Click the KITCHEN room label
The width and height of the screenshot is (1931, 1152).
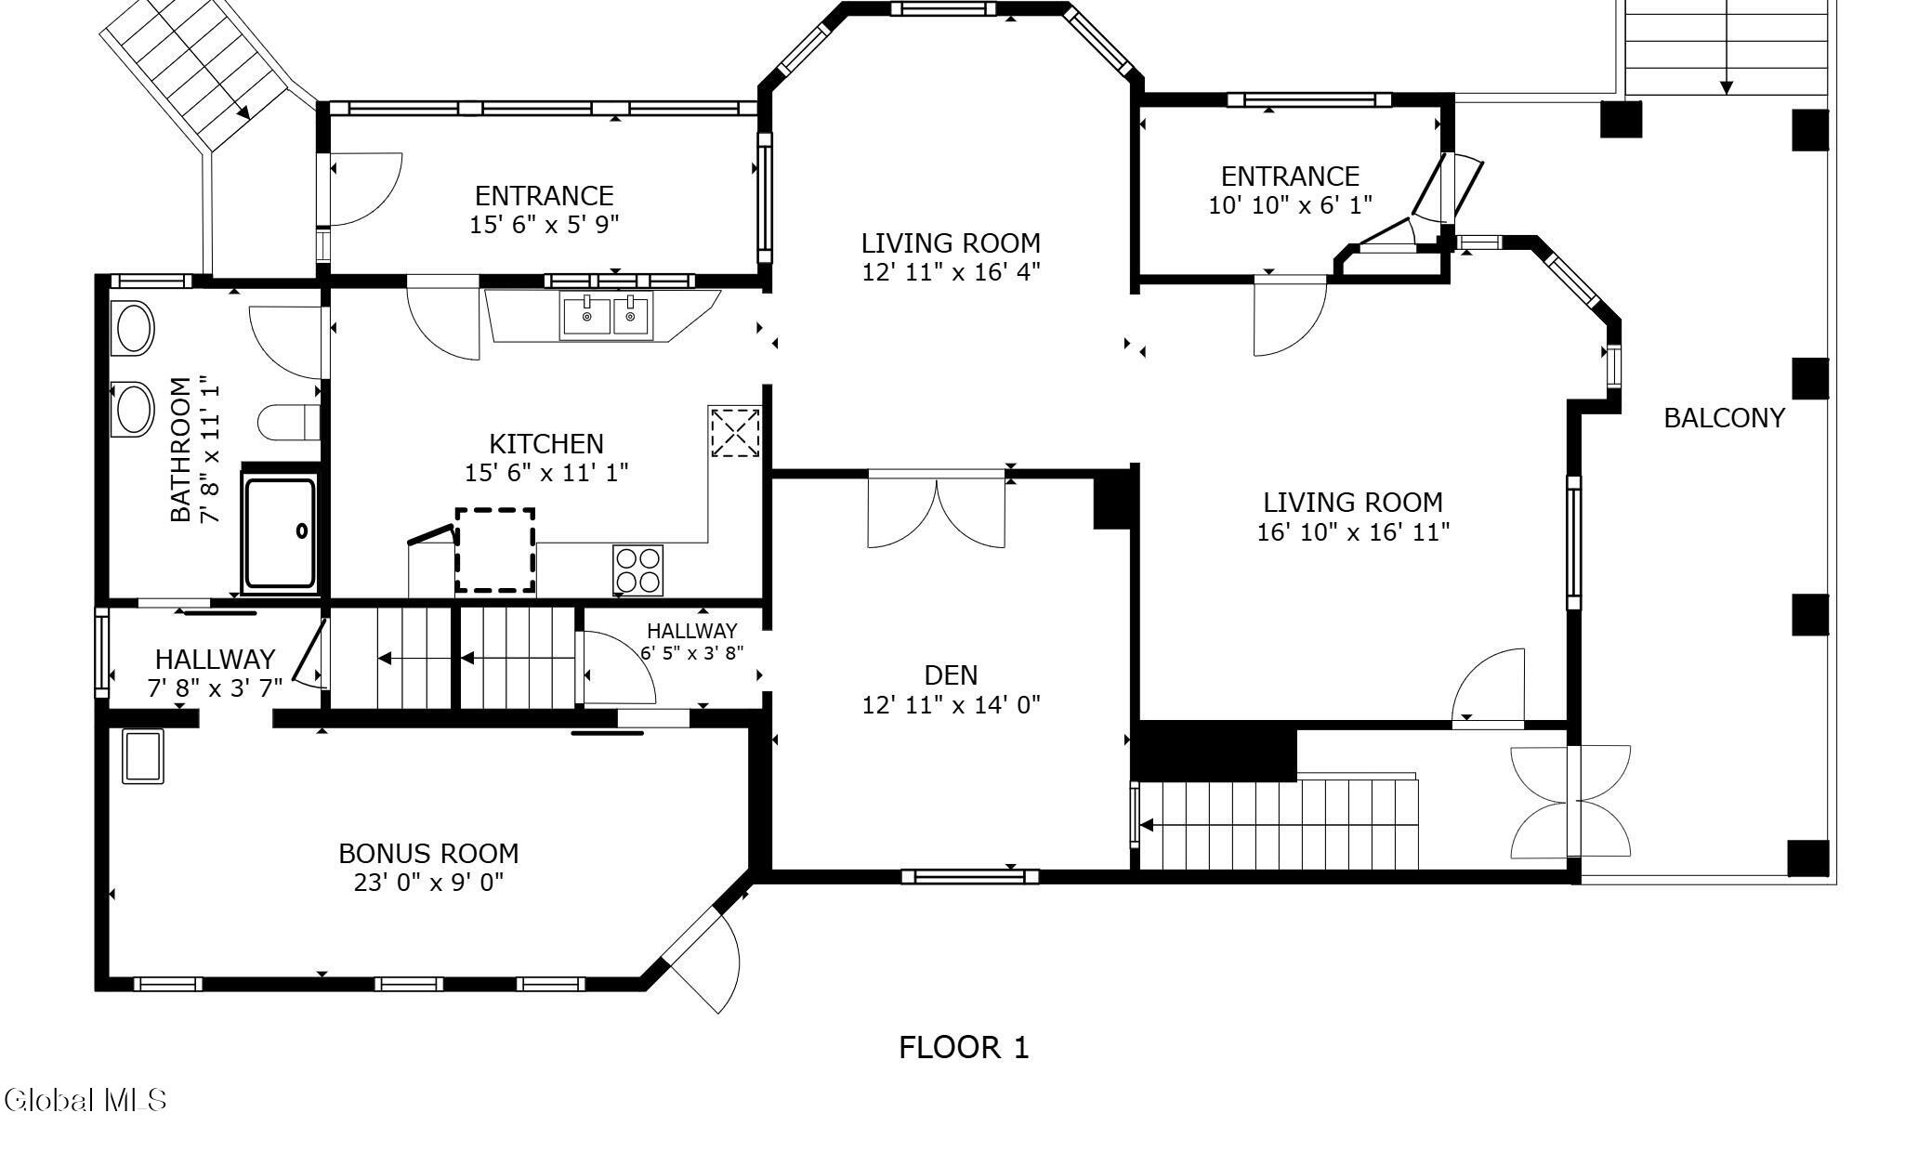click(546, 443)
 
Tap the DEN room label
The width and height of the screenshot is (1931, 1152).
click(951, 674)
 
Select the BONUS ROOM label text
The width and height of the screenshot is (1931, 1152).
click(428, 853)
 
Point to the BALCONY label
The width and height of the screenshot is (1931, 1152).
click(1724, 418)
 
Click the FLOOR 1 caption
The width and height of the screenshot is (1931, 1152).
click(964, 1048)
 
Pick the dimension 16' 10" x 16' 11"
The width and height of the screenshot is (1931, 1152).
click(1353, 532)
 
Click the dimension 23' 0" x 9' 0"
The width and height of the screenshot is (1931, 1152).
click(428, 882)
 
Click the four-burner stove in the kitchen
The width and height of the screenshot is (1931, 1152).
click(638, 569)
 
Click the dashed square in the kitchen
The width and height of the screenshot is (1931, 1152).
click(495, 550)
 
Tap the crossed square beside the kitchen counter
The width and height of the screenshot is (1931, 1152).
click(734, 432)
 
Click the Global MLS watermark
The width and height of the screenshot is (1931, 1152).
click(85, 1101)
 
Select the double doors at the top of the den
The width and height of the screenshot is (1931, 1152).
click(937, 511)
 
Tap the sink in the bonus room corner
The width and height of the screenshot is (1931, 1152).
click(142, 755)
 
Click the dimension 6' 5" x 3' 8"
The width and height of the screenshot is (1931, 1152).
click(692, 652)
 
